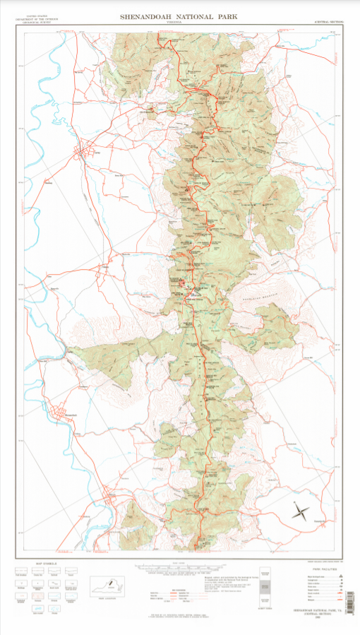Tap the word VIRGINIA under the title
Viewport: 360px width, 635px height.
180,21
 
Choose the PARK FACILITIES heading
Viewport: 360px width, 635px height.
322,568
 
